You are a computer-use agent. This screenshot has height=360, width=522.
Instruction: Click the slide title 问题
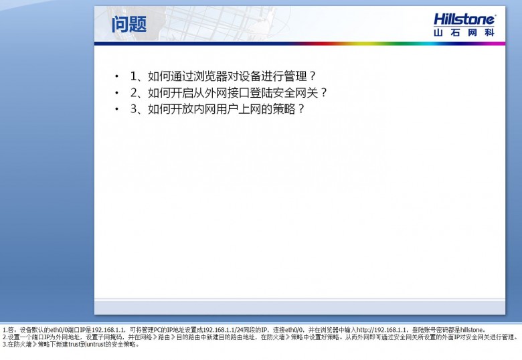click(x=129, y=24)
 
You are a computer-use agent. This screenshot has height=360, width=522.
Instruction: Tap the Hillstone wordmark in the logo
click(x=464, y=19)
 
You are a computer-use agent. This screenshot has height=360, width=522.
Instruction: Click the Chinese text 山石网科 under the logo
click(x=464, y=33)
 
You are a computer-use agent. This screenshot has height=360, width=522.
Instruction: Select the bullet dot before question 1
click(x=116, y=76)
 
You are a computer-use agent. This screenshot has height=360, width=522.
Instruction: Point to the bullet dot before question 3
click(x=116, y=109)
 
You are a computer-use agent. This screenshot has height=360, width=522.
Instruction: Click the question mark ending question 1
click(x=312, y=76)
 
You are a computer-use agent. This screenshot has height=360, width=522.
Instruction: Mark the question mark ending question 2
click(x=324, y=92)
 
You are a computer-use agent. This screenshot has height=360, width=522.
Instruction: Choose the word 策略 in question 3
click(x=284, y=109)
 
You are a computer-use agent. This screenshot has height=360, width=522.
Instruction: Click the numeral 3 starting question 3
click(x=133, y=109)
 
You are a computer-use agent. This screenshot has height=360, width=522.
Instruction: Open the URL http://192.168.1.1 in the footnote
click(x=381, y=330)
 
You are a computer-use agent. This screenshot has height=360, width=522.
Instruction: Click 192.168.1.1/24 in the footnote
click(x=224, y=330)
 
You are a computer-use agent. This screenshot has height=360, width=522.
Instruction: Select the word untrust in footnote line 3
click(x=96, y=345)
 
